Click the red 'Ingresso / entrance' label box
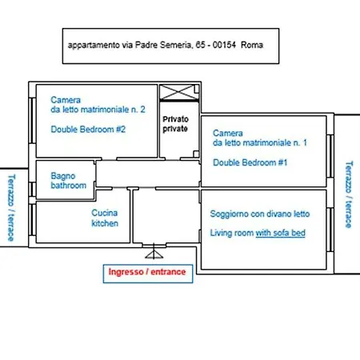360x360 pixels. tap(148, 274)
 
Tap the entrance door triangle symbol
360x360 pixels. tap(154, 254)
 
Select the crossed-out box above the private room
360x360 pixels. tap(179, 92)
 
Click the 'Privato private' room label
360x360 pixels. tap(175, 124)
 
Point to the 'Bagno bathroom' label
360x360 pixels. tap(68, 181)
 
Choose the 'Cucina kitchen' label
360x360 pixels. tap(105, 218)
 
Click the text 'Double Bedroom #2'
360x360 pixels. tap(88, 130)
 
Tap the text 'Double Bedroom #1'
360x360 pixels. tap(250, 162)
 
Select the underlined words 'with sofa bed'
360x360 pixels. tap(281, 233)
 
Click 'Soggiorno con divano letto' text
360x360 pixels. tap(260, 214)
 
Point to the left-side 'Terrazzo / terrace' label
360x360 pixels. tap(11, 208)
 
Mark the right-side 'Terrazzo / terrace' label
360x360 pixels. tap(349, 194)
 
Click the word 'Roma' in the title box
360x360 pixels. tap(252, 45)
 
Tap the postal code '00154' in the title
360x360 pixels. tap(224, 45)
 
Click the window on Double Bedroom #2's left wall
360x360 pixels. tap(32, 121)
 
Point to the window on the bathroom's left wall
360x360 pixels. tap(32, 190)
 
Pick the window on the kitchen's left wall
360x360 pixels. tap(32, 220)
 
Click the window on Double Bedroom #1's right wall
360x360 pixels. tap(330, 156)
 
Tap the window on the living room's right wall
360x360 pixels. tap(330, 230)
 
